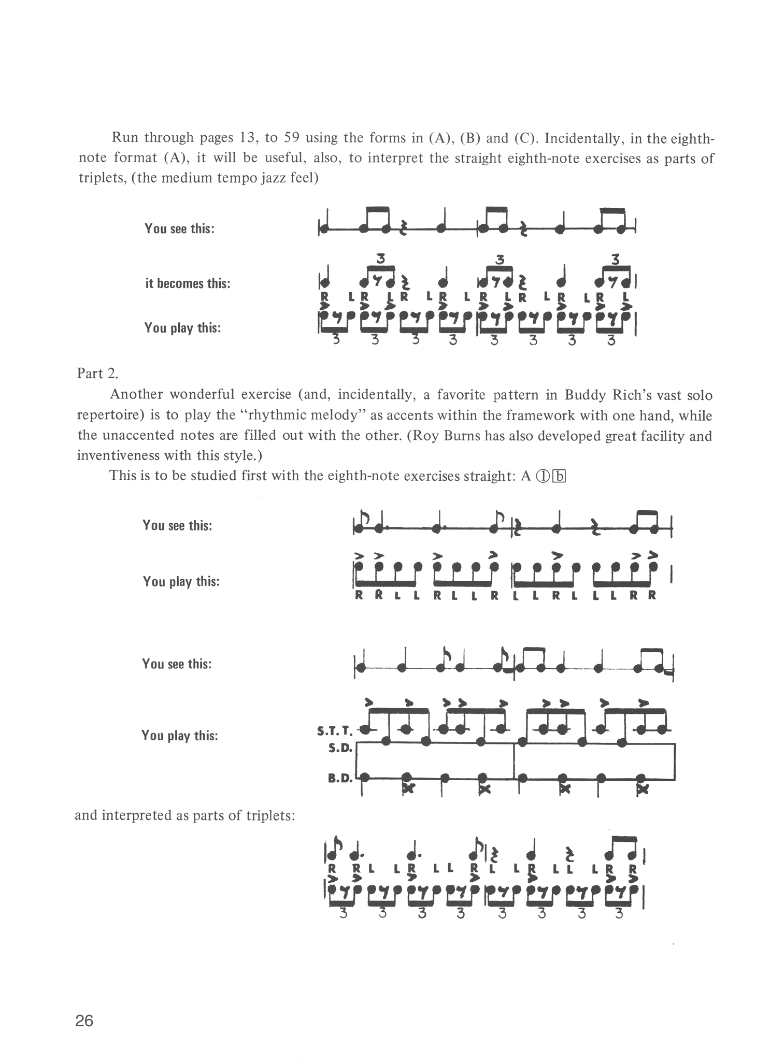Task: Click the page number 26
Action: click(x=84, y=1021)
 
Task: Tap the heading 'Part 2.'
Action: click(x=98, y=374)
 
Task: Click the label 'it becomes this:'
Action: click(x=188, y=283)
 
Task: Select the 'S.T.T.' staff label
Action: click(x=334, y=732)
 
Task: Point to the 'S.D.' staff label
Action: click(x=340, y=749)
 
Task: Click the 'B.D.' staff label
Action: click(x=340, y=778)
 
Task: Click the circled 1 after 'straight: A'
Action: click(x=542, y=476)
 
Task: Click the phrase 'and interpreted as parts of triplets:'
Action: click(x=185, y=815)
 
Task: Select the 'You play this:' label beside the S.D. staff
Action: click(x=180, y=736)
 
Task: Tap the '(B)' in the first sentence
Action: click(x=470, y=138)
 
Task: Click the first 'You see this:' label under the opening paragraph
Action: click(x=179, y=228)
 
